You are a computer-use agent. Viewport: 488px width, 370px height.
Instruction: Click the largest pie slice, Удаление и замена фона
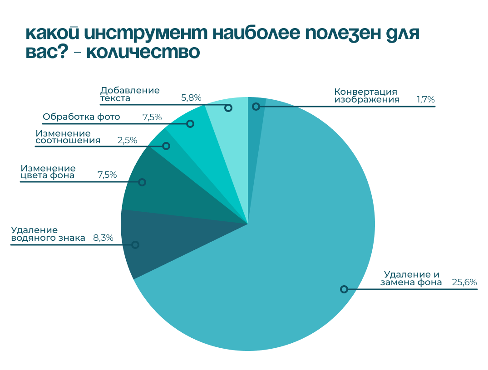281,254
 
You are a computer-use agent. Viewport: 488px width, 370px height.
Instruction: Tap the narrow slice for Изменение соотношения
175,145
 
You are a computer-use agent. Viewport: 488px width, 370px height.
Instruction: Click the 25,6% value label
464,282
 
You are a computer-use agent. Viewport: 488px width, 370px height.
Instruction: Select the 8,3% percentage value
103,238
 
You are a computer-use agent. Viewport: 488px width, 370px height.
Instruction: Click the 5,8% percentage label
191,97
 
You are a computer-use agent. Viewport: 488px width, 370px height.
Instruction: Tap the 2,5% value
127,140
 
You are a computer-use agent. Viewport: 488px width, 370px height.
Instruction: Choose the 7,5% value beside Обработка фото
152,117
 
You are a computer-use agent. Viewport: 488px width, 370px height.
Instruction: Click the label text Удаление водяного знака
48,234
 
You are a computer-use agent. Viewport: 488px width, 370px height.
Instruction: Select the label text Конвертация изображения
367,95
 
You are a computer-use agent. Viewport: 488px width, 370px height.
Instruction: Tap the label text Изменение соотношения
67,136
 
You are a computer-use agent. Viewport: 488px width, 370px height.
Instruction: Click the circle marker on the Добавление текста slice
228,108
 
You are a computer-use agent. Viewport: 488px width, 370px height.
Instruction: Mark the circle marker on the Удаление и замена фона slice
344,289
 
